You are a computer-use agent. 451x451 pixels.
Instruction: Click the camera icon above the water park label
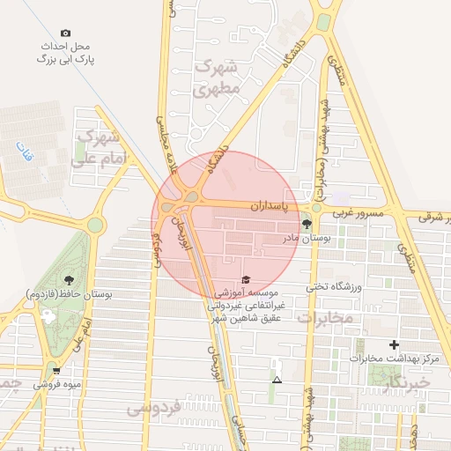(67, 32)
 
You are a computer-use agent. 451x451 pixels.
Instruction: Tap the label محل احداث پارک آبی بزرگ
(65, 51)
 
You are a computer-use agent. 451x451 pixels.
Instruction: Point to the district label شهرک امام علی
(102, 148)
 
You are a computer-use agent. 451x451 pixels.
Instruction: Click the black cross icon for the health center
(394, 344)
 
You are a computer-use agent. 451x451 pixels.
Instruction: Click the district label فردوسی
(152, 407)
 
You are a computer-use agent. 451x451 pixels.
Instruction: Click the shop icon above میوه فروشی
(56, 371)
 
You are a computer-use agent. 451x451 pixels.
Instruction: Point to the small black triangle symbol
(277, 381)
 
